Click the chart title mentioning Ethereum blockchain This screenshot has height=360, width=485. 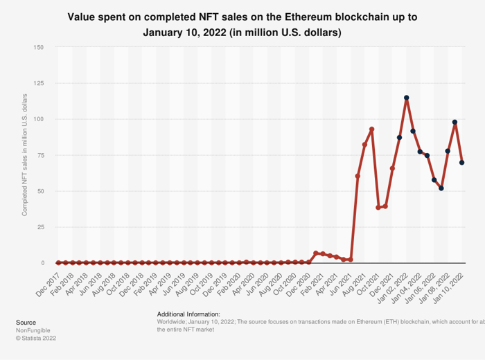pos(242,24)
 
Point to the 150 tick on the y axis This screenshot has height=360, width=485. pos(39,47)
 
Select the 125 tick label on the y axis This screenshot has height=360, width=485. pos(39,83)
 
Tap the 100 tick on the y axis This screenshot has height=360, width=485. pos(39,119)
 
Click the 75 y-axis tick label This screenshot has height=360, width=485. pos(41,155)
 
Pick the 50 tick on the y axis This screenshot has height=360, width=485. pos(41,191)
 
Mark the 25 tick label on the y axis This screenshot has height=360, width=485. pos(41,227)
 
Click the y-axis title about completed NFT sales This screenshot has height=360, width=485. pos(25,155)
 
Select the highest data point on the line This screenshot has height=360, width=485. pos(406,98)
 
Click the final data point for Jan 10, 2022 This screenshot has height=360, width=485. pos(461,163)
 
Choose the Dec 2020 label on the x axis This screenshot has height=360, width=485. pos(298,279)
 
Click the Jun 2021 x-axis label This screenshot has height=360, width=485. pos(339,279)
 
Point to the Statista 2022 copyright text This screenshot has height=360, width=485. pos(36,339)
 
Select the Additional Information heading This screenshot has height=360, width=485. pos(188,314)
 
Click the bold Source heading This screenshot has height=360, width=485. pos(26,323)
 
